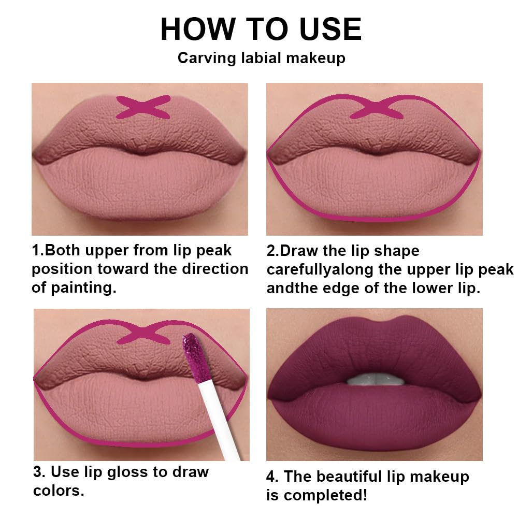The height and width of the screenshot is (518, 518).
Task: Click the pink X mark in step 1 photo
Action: [143, 107]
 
